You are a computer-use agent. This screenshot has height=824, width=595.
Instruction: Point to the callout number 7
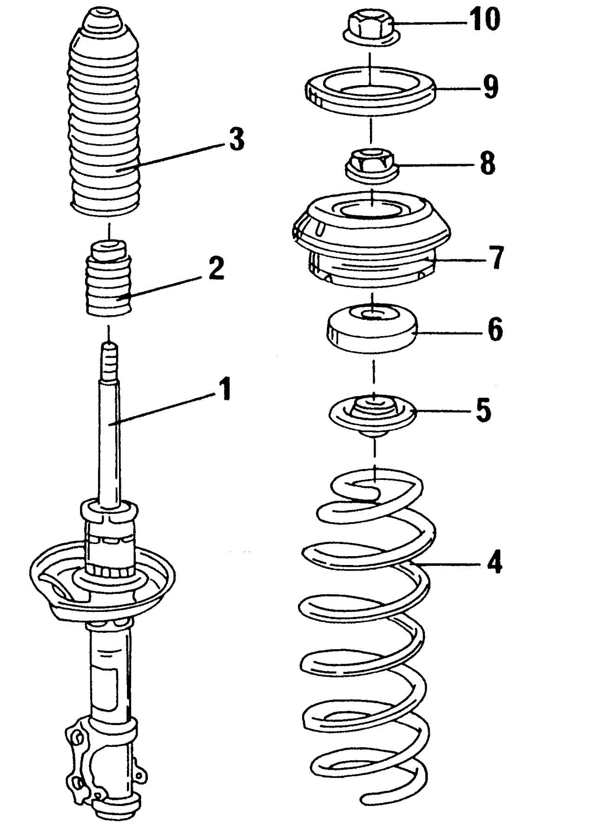click(x=496, y=258)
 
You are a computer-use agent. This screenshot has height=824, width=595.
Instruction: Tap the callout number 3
click(x=236, y=139)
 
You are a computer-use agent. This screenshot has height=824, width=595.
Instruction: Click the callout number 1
click(x=225, y=389)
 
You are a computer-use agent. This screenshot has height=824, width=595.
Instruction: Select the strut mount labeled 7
click(x=371, y=242)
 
